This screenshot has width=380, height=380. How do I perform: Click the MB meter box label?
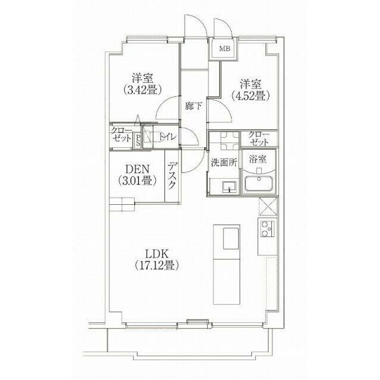(224, 49)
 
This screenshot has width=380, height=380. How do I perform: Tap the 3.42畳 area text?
(142, 90)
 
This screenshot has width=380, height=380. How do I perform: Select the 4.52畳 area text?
(251, 96)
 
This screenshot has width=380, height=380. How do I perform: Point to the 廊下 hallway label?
(193, 106)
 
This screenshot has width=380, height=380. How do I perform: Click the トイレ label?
(167, 137)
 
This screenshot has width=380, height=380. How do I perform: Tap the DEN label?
(137, 169)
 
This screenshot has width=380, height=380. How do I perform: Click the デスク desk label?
(172, 175)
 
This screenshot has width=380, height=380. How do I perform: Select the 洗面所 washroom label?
(224, 163)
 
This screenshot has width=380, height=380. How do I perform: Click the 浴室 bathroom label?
(258, 159)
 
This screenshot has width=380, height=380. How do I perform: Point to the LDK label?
(157, 255)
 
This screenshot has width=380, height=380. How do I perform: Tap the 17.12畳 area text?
(157, 265)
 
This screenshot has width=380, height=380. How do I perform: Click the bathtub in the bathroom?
(259, 184)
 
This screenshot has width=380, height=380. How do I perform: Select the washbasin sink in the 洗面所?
(229, 187)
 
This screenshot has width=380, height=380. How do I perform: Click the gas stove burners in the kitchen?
(267, 229)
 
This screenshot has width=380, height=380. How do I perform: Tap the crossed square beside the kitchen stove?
(268, 207)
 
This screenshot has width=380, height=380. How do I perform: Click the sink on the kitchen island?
(231, 238)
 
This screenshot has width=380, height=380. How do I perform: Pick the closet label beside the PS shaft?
(121, 134)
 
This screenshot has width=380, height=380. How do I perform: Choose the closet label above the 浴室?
(259, 138)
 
